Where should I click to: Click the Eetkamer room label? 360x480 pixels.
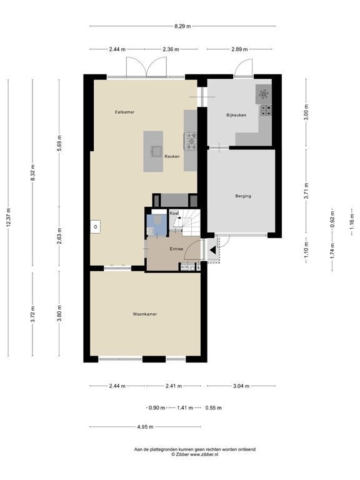(x=124, y=112)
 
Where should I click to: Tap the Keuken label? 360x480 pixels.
(x=172, y=156)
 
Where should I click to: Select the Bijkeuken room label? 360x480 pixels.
(x=236, y=115)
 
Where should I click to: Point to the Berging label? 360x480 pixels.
(x=243, y=196)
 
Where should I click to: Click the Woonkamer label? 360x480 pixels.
(x=145, y=314)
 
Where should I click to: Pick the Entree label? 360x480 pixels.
(x=176, y=249)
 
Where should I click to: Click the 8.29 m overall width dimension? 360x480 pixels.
(x=182, y=26)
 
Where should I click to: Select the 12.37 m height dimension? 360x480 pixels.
(x=8, y=217)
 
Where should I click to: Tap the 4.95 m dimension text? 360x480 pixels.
(x=146, y=427)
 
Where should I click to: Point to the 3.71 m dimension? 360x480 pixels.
(x=306, y=191)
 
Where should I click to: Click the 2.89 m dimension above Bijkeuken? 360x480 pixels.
(x=239, y=49)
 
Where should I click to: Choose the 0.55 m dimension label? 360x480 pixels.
(x=213, y=407)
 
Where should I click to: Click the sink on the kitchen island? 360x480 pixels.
(x=156, y=151)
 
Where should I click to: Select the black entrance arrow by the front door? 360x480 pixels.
(x=212, y=251)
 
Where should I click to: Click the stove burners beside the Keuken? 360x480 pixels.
(x=191, y=141)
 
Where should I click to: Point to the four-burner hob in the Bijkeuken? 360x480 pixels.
(x=265, y=110)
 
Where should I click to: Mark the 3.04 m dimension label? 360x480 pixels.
(x=241, y=386)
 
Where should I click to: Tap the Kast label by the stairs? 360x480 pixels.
(x=174, y=213)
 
